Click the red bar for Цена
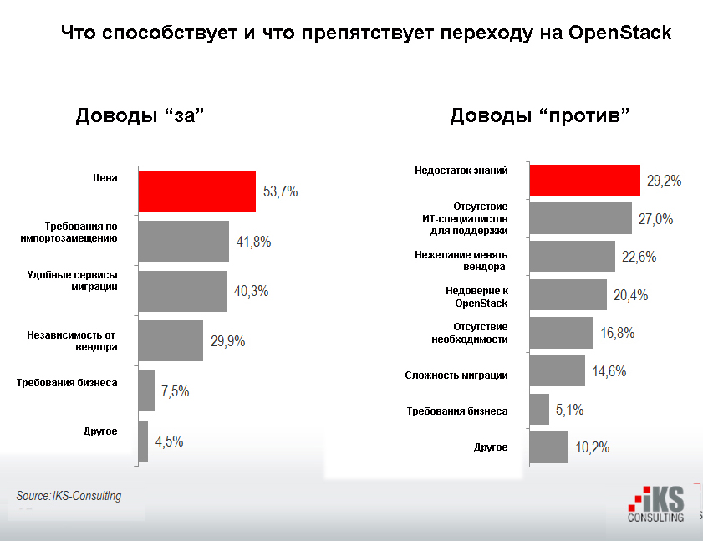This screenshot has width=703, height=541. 196,191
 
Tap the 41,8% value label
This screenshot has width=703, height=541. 252,242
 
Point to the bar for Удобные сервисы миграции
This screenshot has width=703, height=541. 181,291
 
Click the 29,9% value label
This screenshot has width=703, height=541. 227,341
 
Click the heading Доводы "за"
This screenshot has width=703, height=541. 140,115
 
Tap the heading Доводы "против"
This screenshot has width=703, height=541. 540,115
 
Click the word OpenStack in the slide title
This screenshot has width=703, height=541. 619,33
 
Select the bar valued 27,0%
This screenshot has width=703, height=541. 581,218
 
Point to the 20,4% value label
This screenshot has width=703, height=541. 631,295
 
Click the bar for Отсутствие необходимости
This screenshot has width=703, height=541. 561,332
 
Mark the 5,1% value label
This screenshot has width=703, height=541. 569,410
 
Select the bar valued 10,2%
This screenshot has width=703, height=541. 548,447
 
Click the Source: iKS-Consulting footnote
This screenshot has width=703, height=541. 69,496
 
